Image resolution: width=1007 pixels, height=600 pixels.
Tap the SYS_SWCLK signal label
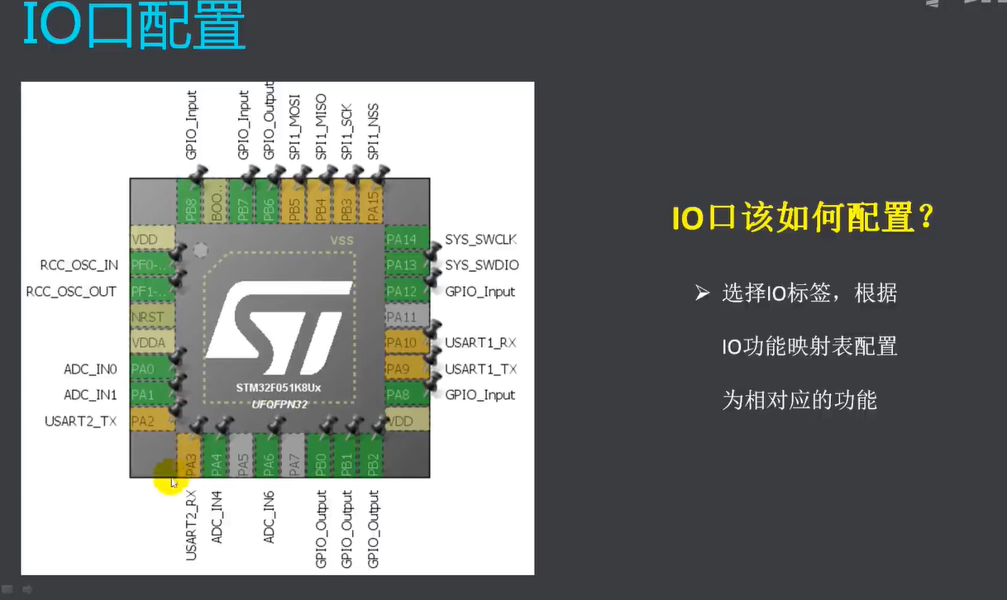tap(480, 240)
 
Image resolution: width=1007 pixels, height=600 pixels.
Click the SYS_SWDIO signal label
tap(481, 265)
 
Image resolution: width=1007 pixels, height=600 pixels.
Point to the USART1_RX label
tap(481, 343)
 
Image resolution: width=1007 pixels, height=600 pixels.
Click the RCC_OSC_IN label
tap(79, 265)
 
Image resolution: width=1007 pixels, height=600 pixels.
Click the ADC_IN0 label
tap(90, 369)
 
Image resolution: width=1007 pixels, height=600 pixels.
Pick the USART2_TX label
tap(80, 421)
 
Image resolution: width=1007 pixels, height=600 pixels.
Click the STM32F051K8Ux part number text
tap(279, 388)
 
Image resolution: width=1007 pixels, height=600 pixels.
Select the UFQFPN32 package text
tap(279, 404)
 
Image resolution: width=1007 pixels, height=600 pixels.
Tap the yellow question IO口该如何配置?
tap(803, 219)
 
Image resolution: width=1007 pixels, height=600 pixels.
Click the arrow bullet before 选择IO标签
tap(703, 293)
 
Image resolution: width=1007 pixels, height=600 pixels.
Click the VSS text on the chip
tap(341, 240)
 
